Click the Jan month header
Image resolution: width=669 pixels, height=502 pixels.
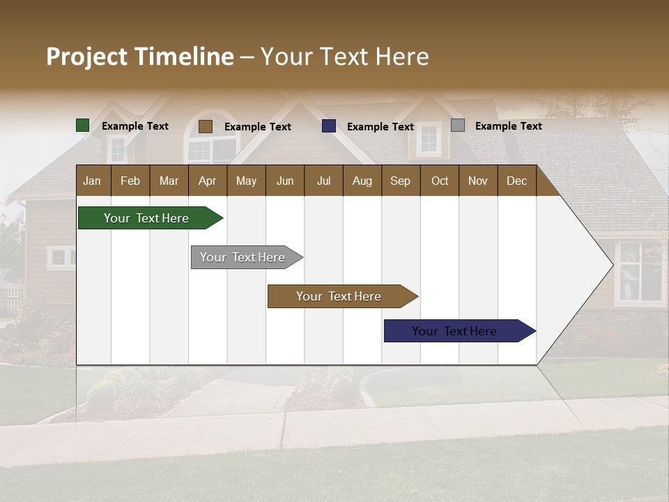point(92,181)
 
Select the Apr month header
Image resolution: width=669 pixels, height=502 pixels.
point(207,181)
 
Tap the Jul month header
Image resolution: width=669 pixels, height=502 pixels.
point(323,181)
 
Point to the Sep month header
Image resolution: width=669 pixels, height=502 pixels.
point(400,181)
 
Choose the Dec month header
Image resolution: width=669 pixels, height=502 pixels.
point(516,181)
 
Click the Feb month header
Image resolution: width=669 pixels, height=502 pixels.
point(130,181)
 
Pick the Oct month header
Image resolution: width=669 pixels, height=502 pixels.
point(440,181)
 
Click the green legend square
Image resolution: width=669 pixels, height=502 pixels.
point(82,125)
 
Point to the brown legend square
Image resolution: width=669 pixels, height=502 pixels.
point(205,126)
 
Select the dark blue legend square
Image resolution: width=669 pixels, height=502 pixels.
point(329,126)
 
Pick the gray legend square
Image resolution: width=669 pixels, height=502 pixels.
point(457,125)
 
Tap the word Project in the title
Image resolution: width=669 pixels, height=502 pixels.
point(87,56)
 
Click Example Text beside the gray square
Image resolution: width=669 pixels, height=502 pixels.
point(508,125)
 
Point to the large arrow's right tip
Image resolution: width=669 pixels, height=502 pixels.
point(611,265)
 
